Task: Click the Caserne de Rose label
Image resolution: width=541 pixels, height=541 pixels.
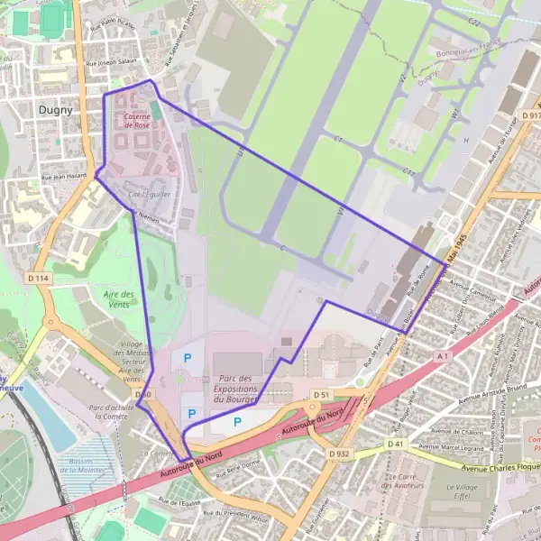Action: pos(136,121)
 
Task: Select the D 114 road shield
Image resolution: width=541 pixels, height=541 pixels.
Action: pos(38,279)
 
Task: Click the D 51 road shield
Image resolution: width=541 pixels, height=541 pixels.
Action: pos(322,395)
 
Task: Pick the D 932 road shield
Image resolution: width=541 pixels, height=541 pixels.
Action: pos(339,454)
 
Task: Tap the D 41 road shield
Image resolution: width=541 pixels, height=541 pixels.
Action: pos(396,444)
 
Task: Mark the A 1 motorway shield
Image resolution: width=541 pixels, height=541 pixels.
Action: pos(442,357)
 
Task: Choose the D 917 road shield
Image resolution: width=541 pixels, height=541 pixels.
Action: pos(530,116)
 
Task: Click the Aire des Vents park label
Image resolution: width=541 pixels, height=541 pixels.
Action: pos(118,300)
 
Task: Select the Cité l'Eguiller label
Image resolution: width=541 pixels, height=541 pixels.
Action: pos(150,193)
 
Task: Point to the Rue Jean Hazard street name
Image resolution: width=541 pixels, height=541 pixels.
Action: pos(62,178)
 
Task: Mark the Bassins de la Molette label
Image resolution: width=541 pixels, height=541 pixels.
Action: pos(95,465)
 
